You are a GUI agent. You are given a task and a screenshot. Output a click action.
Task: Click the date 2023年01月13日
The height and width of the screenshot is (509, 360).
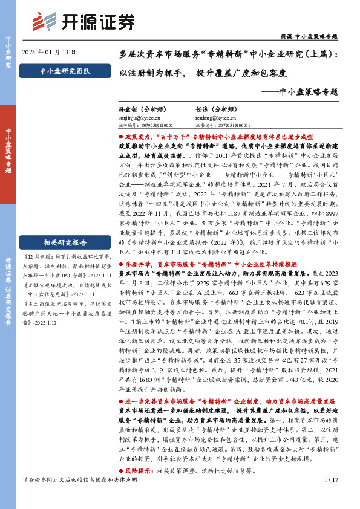[x=49, y=52]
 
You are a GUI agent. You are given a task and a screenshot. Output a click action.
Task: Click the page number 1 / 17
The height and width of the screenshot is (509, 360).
[x=330, y=496]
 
